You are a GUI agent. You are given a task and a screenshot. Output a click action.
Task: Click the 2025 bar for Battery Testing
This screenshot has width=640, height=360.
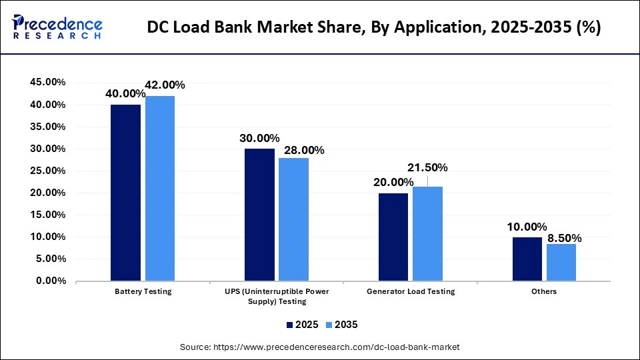tap(125, 193)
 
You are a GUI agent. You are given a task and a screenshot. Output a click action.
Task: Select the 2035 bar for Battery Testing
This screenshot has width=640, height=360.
tap(159, 188)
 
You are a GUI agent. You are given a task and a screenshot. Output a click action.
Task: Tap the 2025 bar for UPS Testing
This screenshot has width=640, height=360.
tap(259, 215)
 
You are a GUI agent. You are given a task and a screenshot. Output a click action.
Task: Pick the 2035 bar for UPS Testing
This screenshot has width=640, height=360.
tap(293, 219)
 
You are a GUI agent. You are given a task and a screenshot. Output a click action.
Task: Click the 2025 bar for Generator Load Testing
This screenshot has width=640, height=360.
tap(393, 237)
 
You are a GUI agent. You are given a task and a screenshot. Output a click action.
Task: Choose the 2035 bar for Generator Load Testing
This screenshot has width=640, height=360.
tap(427, 233)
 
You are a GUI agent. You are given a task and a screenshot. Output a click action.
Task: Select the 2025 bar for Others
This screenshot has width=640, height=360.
tap(527, 259)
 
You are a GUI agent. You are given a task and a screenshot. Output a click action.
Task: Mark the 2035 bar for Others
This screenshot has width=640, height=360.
tap(561, 262)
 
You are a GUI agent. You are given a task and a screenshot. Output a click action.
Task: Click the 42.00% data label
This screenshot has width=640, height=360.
tap(165, 85)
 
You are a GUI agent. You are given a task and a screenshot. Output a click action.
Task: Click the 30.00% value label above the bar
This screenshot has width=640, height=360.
tap(259, 139)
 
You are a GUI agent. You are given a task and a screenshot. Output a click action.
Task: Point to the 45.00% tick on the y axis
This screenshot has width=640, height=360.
tap(47, 83)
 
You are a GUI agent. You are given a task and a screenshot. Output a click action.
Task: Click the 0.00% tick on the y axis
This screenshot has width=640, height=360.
tap(50, 281)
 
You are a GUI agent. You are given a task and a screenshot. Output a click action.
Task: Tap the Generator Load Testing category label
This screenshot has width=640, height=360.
tap(411, 291)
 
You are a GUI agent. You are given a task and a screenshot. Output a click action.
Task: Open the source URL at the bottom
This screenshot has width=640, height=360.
tap(319, 347)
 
